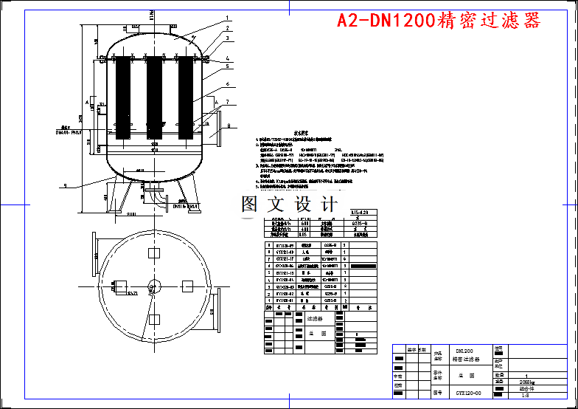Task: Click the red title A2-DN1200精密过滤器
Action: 439,21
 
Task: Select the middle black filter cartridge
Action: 154,97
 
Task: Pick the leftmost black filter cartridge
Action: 122,97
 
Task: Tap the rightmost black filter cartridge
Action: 187,97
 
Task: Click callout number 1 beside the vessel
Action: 228,18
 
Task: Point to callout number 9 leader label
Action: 66,185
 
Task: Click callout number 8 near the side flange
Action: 229,126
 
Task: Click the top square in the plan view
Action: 154,252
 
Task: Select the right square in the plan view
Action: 187,286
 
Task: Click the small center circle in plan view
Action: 154,286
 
